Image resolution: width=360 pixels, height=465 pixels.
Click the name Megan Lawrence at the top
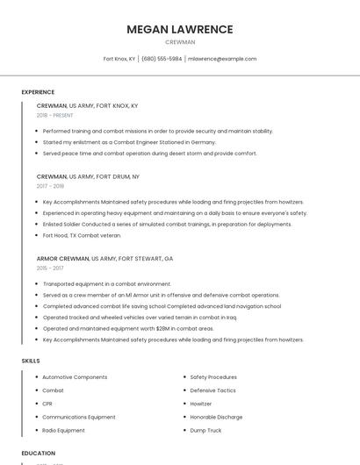180,29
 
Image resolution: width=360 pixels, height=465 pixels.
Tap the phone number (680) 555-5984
162,59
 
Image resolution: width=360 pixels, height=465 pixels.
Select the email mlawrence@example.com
222,59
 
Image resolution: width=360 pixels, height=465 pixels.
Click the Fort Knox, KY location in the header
119,59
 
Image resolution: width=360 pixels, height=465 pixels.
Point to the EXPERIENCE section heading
38,92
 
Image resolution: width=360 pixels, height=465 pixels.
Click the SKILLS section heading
31,361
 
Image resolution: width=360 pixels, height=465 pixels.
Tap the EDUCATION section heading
39,453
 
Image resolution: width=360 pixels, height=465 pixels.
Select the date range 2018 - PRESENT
55,115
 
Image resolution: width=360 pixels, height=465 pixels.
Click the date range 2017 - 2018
51,186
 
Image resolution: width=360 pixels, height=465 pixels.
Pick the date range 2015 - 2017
50,268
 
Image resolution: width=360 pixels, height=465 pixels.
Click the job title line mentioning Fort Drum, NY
88,176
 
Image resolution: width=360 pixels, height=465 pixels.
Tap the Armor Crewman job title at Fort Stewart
104,259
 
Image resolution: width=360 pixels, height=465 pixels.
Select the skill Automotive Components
75,377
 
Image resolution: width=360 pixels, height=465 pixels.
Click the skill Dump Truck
205,431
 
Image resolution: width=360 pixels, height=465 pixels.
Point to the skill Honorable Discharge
216,417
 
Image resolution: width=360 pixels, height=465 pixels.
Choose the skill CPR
47,404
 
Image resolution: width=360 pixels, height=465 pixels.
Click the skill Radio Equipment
63,431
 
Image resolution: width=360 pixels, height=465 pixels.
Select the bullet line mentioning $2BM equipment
128,328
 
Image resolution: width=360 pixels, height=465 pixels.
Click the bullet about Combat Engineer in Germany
129,142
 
